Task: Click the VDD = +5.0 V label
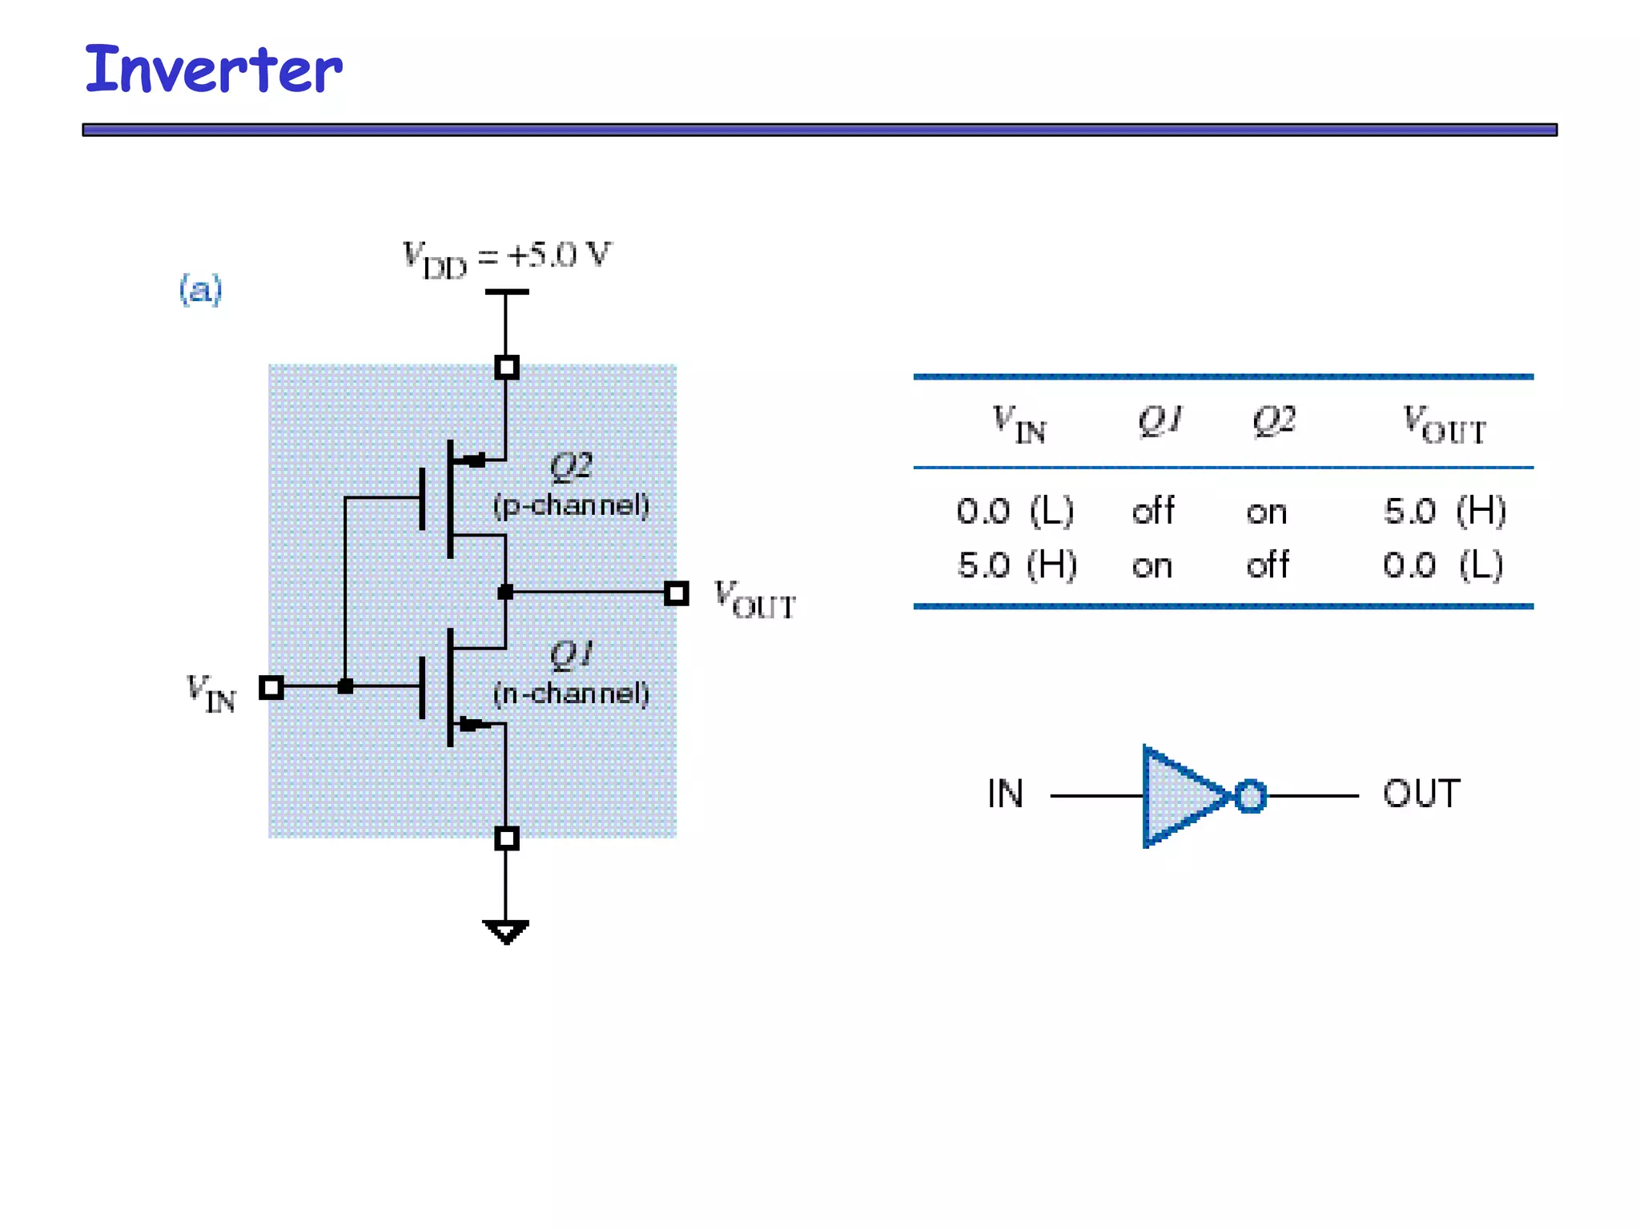(x=506, y=258)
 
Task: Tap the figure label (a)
(x=200, y=289)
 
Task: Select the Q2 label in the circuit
(x=571, y=466)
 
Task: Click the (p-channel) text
(x=571, y=505)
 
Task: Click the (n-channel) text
(x=571, y=693)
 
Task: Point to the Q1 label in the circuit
(x=571, y=654)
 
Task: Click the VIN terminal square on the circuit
(x=271, y=687)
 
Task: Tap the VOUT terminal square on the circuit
(x=677, y=593)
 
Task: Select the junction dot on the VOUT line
(x=505, y=593)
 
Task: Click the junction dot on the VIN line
(x=345, y=686)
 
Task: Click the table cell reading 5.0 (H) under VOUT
(x=1445, y=511)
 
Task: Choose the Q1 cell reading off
(x=1153, y=511)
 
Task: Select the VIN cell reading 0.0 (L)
(x=1015, y=511)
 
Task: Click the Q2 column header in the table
(x=1273, y=420)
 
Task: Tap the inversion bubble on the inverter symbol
(x=1250, y=796)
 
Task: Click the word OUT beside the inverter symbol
(x=1421, y=794)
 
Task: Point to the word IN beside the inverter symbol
(x=1005, y=794)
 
